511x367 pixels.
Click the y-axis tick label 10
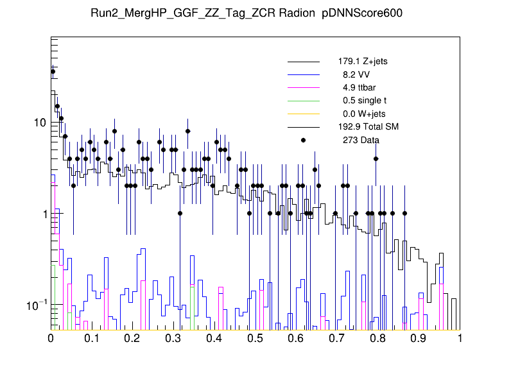40,123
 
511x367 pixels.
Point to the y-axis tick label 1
43,214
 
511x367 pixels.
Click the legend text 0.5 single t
365,101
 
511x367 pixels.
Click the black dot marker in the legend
304,140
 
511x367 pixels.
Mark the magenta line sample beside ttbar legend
304,88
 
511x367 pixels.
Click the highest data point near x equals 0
53,72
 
